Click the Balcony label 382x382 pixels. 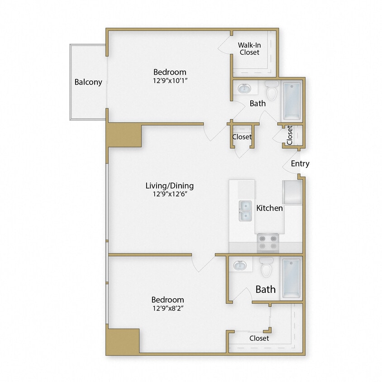88,82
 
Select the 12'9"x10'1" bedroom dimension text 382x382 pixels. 170,81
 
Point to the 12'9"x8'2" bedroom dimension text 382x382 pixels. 167,308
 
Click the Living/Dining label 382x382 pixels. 169,186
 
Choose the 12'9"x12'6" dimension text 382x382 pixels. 169,194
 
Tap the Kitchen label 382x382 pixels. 270,208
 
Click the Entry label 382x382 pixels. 300,163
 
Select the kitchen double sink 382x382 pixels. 246,210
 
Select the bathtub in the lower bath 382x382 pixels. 291,278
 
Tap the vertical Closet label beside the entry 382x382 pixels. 290,134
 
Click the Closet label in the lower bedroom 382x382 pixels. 259,338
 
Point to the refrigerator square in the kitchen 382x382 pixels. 292,192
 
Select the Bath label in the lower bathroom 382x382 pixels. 265,289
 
